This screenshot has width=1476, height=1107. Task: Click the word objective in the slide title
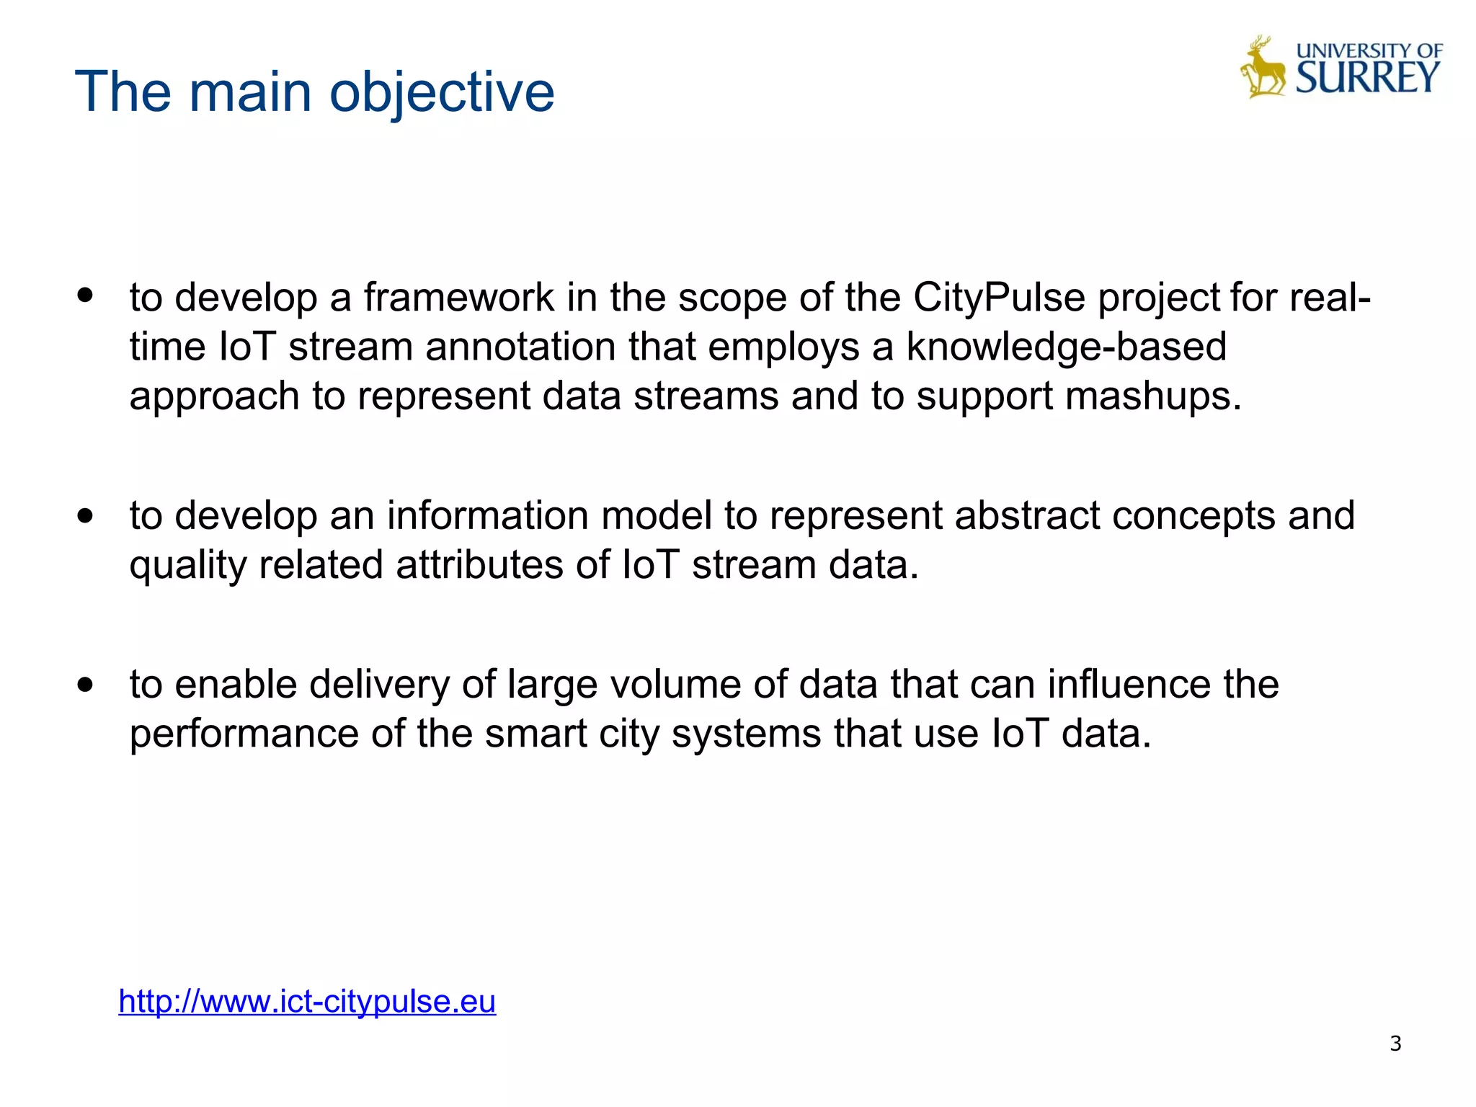(x=442, y=92)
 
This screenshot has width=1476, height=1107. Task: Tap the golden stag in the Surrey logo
(x=1263, y=68)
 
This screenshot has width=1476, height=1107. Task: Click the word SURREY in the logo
(x=1367, y=78)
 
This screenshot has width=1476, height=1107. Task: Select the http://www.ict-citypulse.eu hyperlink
(x=307, y=1001)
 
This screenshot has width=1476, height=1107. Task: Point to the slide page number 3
(x=1395, y=1043)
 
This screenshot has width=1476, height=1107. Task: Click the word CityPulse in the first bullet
(x=999, y=297)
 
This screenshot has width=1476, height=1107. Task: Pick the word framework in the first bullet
(x=458, y=297)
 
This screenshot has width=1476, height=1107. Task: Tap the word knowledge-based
(x=1066, y=347)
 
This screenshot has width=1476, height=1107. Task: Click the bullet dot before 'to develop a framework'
(x=86, y=295)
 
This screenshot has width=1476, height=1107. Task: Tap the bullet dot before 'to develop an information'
(x=86, y=515)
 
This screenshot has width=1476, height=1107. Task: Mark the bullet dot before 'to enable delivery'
(x=86, y=684)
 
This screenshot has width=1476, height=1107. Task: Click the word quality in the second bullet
(x=188, y=565)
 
